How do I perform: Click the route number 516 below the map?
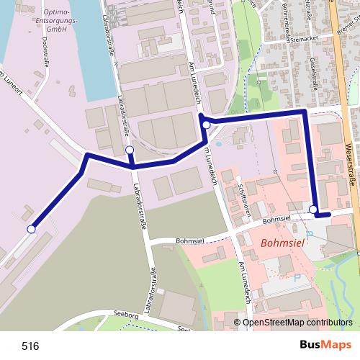[x=30, y=346]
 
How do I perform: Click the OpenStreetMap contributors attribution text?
[x=297, y=323]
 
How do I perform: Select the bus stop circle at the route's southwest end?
[x=31, y=229]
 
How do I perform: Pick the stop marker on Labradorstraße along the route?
[x=130, y=150]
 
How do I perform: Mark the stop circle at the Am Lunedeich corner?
[x=207, y=125]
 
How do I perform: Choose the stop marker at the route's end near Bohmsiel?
[x=313, y=210]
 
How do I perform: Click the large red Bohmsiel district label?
[x=283, y=243]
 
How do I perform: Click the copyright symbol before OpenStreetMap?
[x=237, y=323]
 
